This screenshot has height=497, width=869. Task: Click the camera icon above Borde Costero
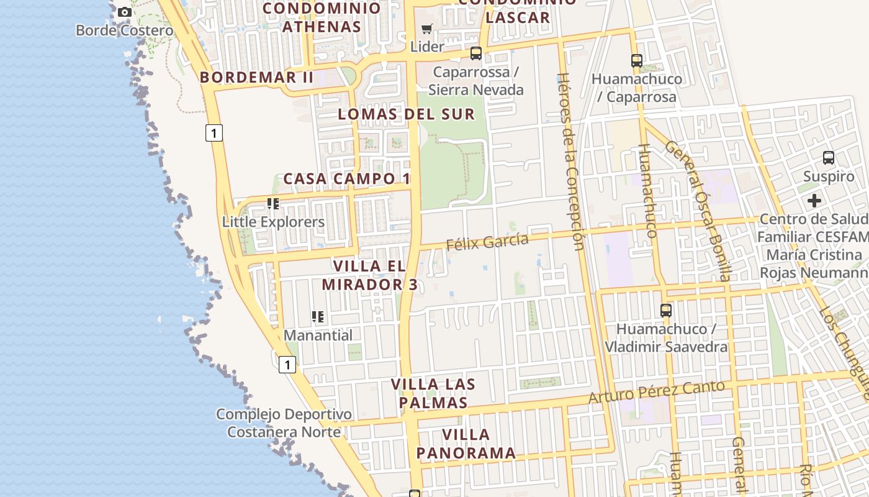125,12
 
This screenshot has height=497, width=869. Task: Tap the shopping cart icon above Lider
427,29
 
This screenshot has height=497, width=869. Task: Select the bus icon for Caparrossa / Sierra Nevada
476,53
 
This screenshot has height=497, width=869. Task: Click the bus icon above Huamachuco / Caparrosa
637,61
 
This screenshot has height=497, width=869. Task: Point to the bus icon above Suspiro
829,158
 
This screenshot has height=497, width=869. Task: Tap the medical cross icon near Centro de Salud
814,201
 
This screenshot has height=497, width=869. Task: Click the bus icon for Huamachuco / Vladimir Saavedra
666,311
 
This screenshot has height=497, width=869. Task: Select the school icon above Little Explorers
272,204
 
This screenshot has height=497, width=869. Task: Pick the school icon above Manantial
318,317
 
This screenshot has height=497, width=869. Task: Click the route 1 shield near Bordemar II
214,132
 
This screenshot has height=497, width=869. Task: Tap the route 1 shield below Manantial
287,365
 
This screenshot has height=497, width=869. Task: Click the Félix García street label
487,241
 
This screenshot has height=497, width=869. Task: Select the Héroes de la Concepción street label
571,162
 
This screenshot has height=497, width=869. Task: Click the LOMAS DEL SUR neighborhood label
407,114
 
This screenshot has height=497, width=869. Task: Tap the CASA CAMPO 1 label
347,179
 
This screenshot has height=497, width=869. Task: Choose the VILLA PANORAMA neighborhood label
466,444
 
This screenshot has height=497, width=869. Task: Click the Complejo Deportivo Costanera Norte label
284,423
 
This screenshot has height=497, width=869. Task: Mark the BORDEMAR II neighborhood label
257,78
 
